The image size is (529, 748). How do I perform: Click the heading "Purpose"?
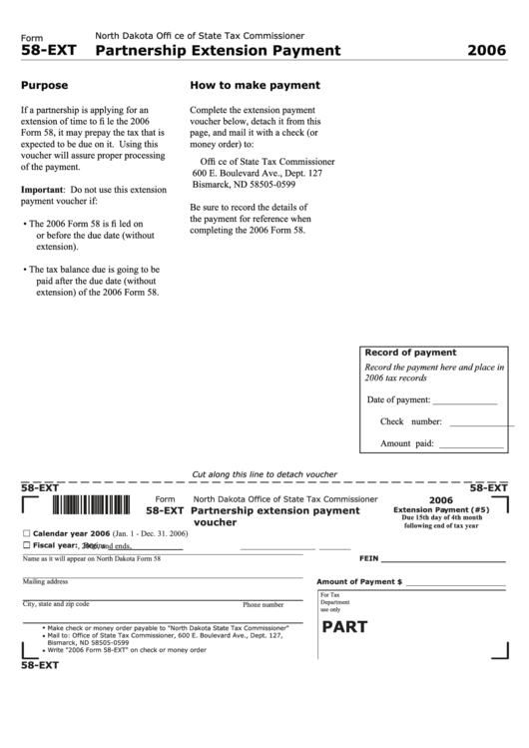point(44,86)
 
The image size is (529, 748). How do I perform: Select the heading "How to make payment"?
point(255,86)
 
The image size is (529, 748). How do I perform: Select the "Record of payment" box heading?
point(410,353)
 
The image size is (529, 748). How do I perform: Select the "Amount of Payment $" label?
point(358,581)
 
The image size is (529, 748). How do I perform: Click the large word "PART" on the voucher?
point(344,627)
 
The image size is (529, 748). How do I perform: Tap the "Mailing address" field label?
point(45,581)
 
